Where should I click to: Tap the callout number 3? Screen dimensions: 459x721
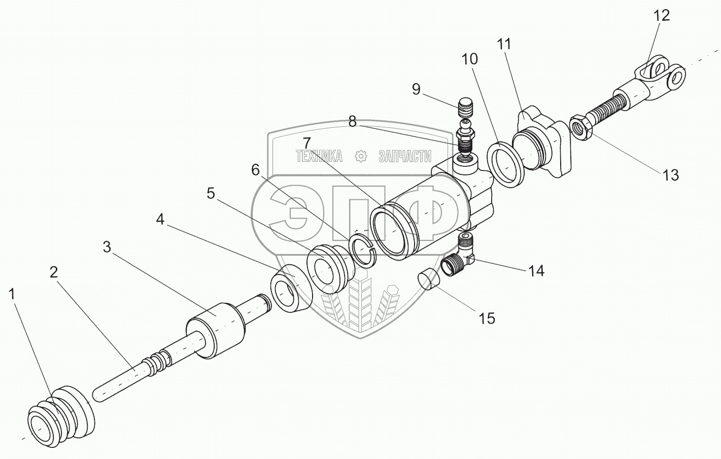tap(106, 247)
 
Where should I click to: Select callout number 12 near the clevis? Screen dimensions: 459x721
tap(662, 15)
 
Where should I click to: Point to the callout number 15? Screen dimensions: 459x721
tap(487, 318)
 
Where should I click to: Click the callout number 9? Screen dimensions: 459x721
tap(416, 90)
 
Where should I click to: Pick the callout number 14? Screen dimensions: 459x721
tap(536, 271)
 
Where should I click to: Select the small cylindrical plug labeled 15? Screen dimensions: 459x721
tap(427, 280)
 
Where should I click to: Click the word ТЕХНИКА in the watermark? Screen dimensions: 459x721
tap(319, 157)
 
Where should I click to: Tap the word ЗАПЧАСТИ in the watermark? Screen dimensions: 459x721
tap(404, 157)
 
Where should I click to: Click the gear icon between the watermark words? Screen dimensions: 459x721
tap(361, 157)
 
